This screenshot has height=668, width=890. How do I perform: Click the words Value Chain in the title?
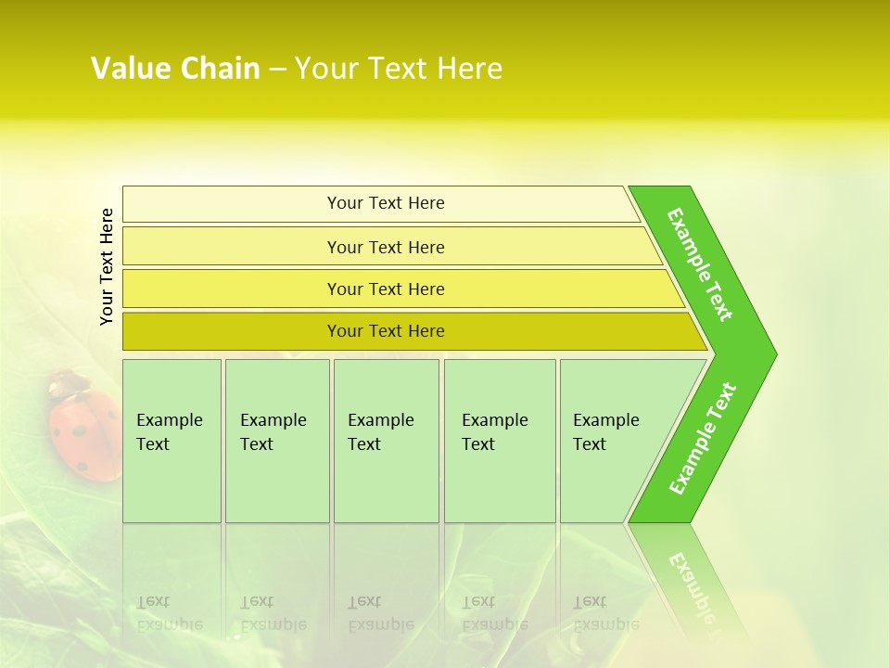tap(175, 69)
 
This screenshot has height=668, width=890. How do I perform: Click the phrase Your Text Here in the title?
tap(399, 69)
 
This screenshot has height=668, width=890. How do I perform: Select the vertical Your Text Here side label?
tap(107, 266)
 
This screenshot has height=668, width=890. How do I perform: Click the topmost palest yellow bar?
tap(386, 203)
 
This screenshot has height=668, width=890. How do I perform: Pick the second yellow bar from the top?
tap(386, 247)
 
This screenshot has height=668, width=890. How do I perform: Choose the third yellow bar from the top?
tap(386, 289)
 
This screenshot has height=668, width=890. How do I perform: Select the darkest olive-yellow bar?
tap(386, 331)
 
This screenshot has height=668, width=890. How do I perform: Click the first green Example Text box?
tap(172, 441)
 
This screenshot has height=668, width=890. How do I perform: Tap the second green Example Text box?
tap(276, 441)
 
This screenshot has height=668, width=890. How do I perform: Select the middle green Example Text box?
tap(386, 441)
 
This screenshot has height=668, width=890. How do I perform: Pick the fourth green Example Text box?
tap(499, 441)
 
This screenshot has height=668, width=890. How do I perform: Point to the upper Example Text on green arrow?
tap(701, 264)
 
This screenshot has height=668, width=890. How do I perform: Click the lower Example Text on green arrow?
tap(703, 439)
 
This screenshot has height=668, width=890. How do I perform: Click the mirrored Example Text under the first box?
tap(169, 613)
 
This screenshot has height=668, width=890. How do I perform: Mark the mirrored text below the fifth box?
tap(605, 613)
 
